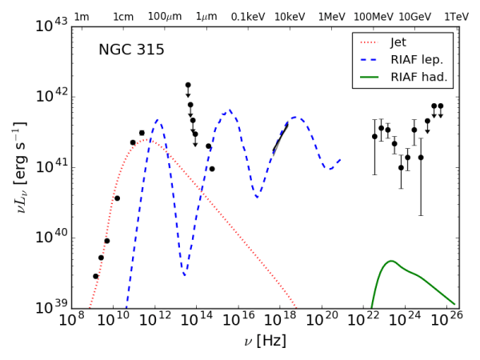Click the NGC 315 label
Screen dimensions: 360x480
click(131, 50)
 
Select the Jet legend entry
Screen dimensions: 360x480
click(403, 42)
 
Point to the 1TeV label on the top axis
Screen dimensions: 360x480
click(456, 17)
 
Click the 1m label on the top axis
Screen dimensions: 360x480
click(81, 17)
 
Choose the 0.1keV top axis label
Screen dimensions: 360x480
click(247, 17)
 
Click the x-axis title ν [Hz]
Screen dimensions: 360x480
click(265, 342)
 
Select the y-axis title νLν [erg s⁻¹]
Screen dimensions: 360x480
click(20, 168)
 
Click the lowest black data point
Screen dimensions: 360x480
click(95, 276)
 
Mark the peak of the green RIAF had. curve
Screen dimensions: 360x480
click(390, 261)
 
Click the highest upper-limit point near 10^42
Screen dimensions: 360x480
click(188, 85)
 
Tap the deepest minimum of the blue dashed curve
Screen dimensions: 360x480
click(185, 275)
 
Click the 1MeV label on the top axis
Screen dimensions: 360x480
click(331, 17)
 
